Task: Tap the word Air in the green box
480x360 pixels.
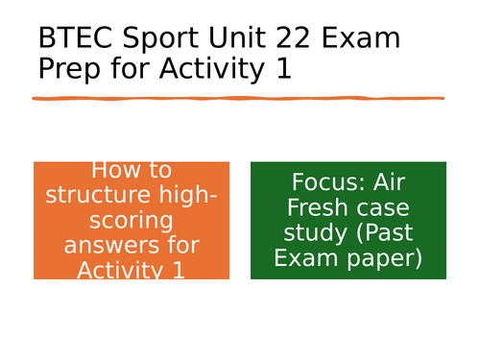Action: [391, 182]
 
